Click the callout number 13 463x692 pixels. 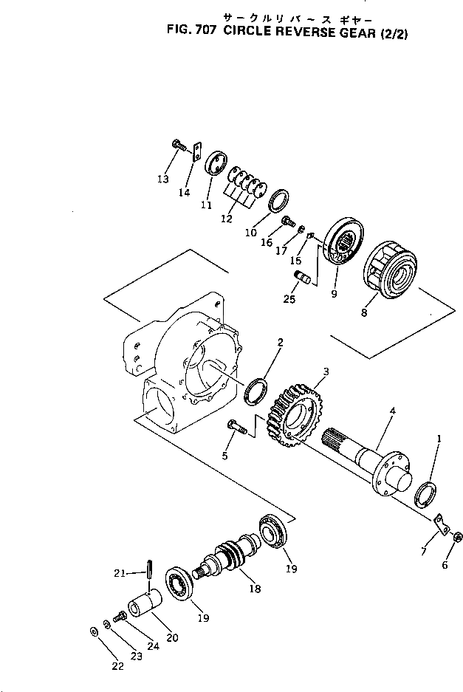click(163, 179)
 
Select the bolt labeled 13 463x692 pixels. click(178, 146)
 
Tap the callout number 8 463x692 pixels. click(363, 312)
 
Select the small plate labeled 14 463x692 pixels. click(196, 152)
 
